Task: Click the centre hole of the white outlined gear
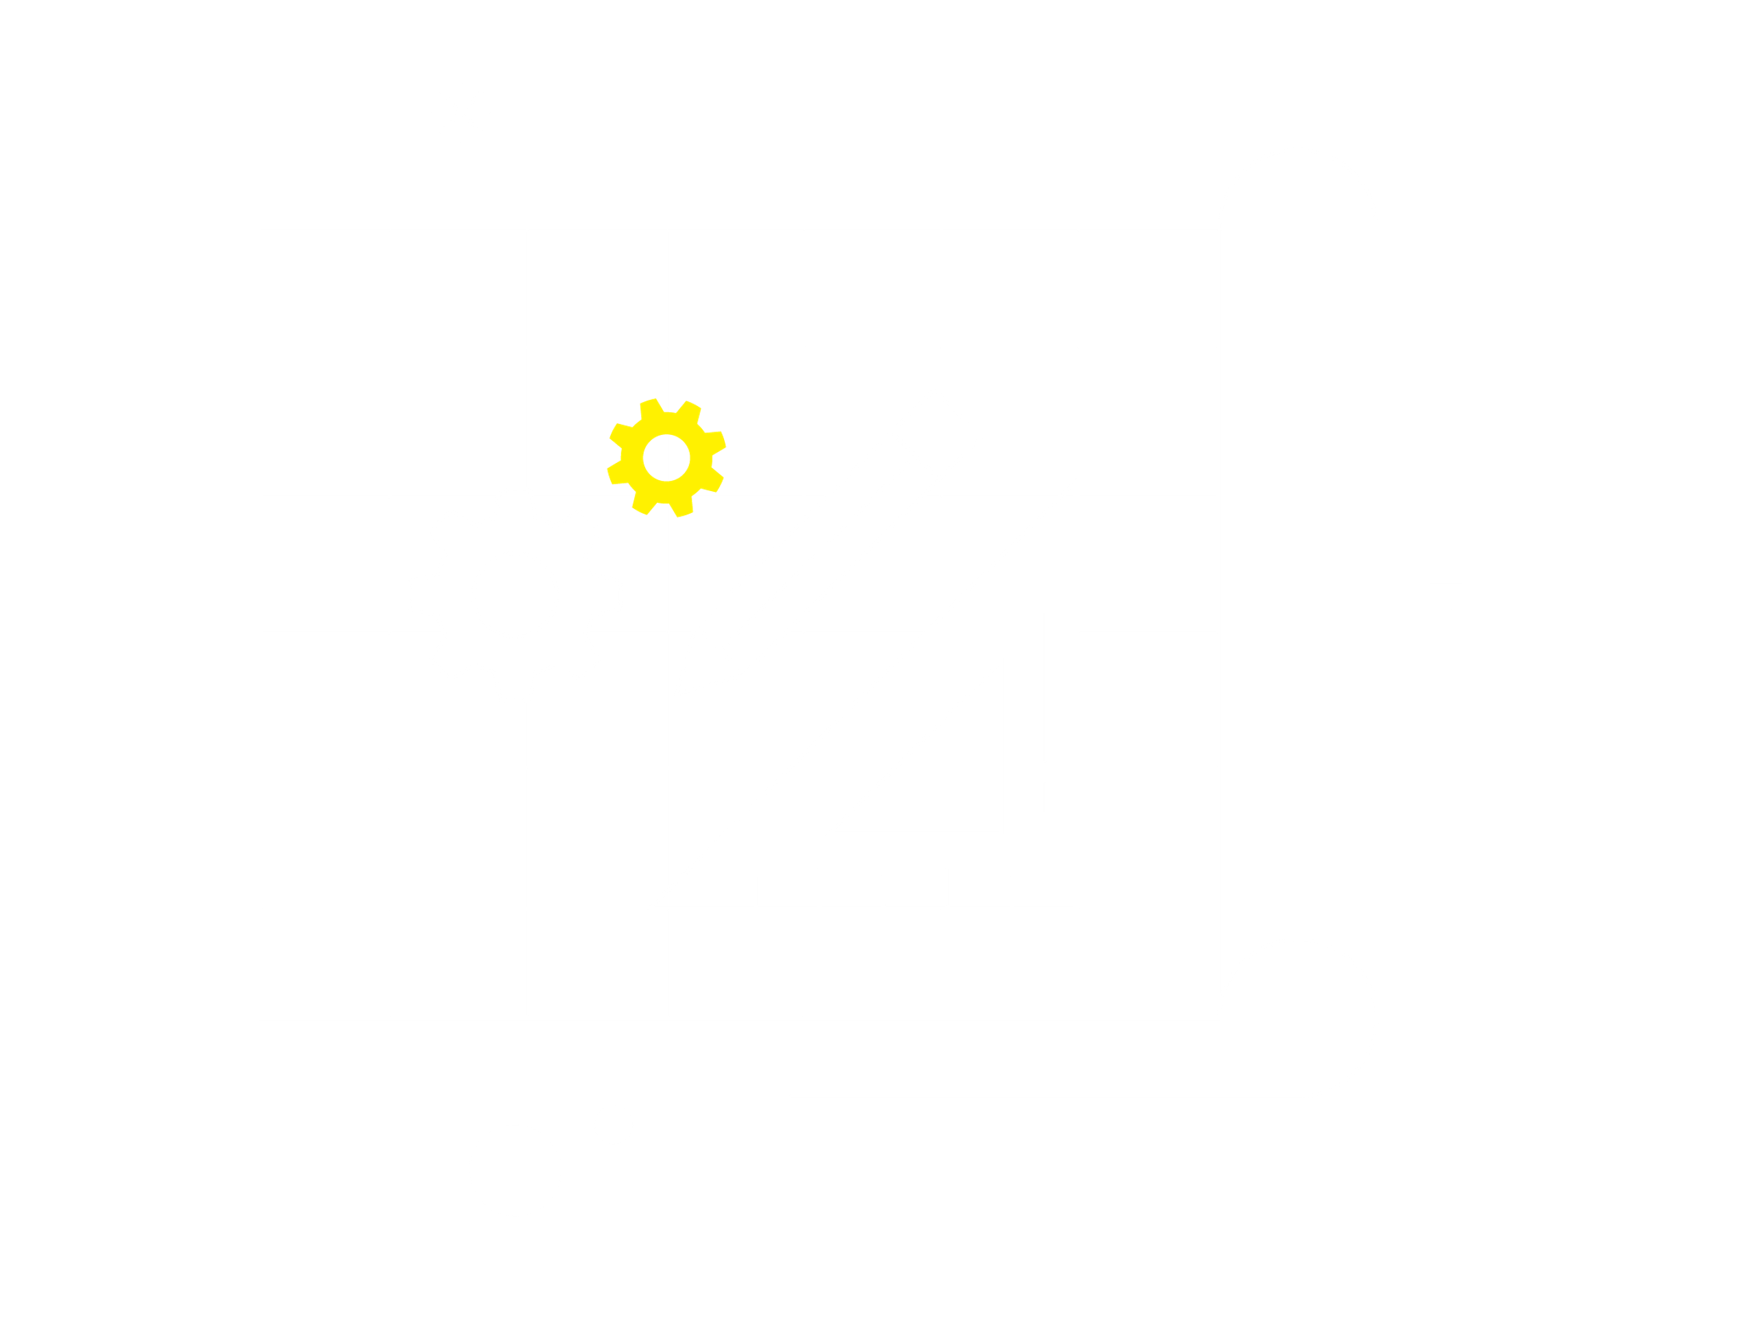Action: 515,595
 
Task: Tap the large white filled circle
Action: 515,1170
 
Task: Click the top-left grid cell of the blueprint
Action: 325,288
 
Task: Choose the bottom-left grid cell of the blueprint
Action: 325,962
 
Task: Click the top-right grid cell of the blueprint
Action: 1148,288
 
